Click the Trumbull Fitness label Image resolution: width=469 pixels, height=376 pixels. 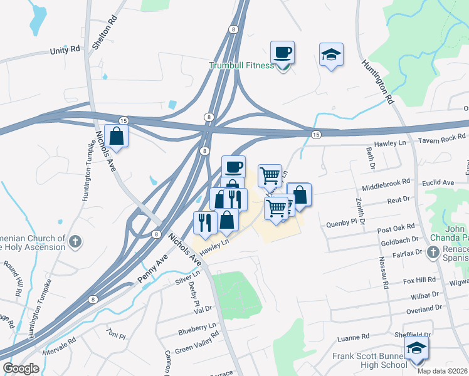pyautogui.click(x=241, y=65)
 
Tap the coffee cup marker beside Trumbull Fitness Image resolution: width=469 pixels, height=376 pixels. pyautogui.click(x=282, y=53)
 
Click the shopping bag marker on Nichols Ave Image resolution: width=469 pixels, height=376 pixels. pyautogui.click(x=117, y=135)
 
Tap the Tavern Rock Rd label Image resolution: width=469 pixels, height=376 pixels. pyautogui.click(x=443, y=138)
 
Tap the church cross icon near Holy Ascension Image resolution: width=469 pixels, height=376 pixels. pyautogui.click(x=75, y=240)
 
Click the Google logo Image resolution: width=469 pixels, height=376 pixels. pyautogui.click(x=21, y=368)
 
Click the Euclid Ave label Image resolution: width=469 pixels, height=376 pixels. pyautogui.click(x=439, y=182)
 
